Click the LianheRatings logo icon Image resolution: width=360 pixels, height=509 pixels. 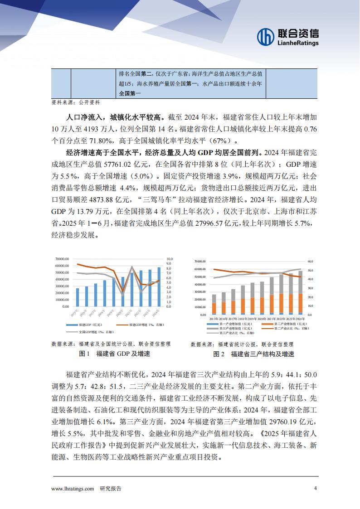tap(265, 37)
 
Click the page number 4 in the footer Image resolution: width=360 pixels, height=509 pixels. tap(315, 488)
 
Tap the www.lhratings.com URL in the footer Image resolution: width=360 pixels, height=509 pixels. tap(73, 489)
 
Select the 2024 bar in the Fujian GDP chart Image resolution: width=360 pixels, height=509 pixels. tap(159, 286)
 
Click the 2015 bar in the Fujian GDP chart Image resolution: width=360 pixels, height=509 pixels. tap(78, 297)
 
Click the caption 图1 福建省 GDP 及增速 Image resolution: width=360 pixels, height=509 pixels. tap(114, 354)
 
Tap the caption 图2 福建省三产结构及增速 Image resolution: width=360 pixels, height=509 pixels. tap(254, 354)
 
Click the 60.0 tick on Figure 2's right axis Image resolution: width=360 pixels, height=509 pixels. tap(310, 262)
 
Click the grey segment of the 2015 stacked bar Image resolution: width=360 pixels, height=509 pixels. tap(214, 299)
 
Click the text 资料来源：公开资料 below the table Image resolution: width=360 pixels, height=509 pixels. tap(75, 103)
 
